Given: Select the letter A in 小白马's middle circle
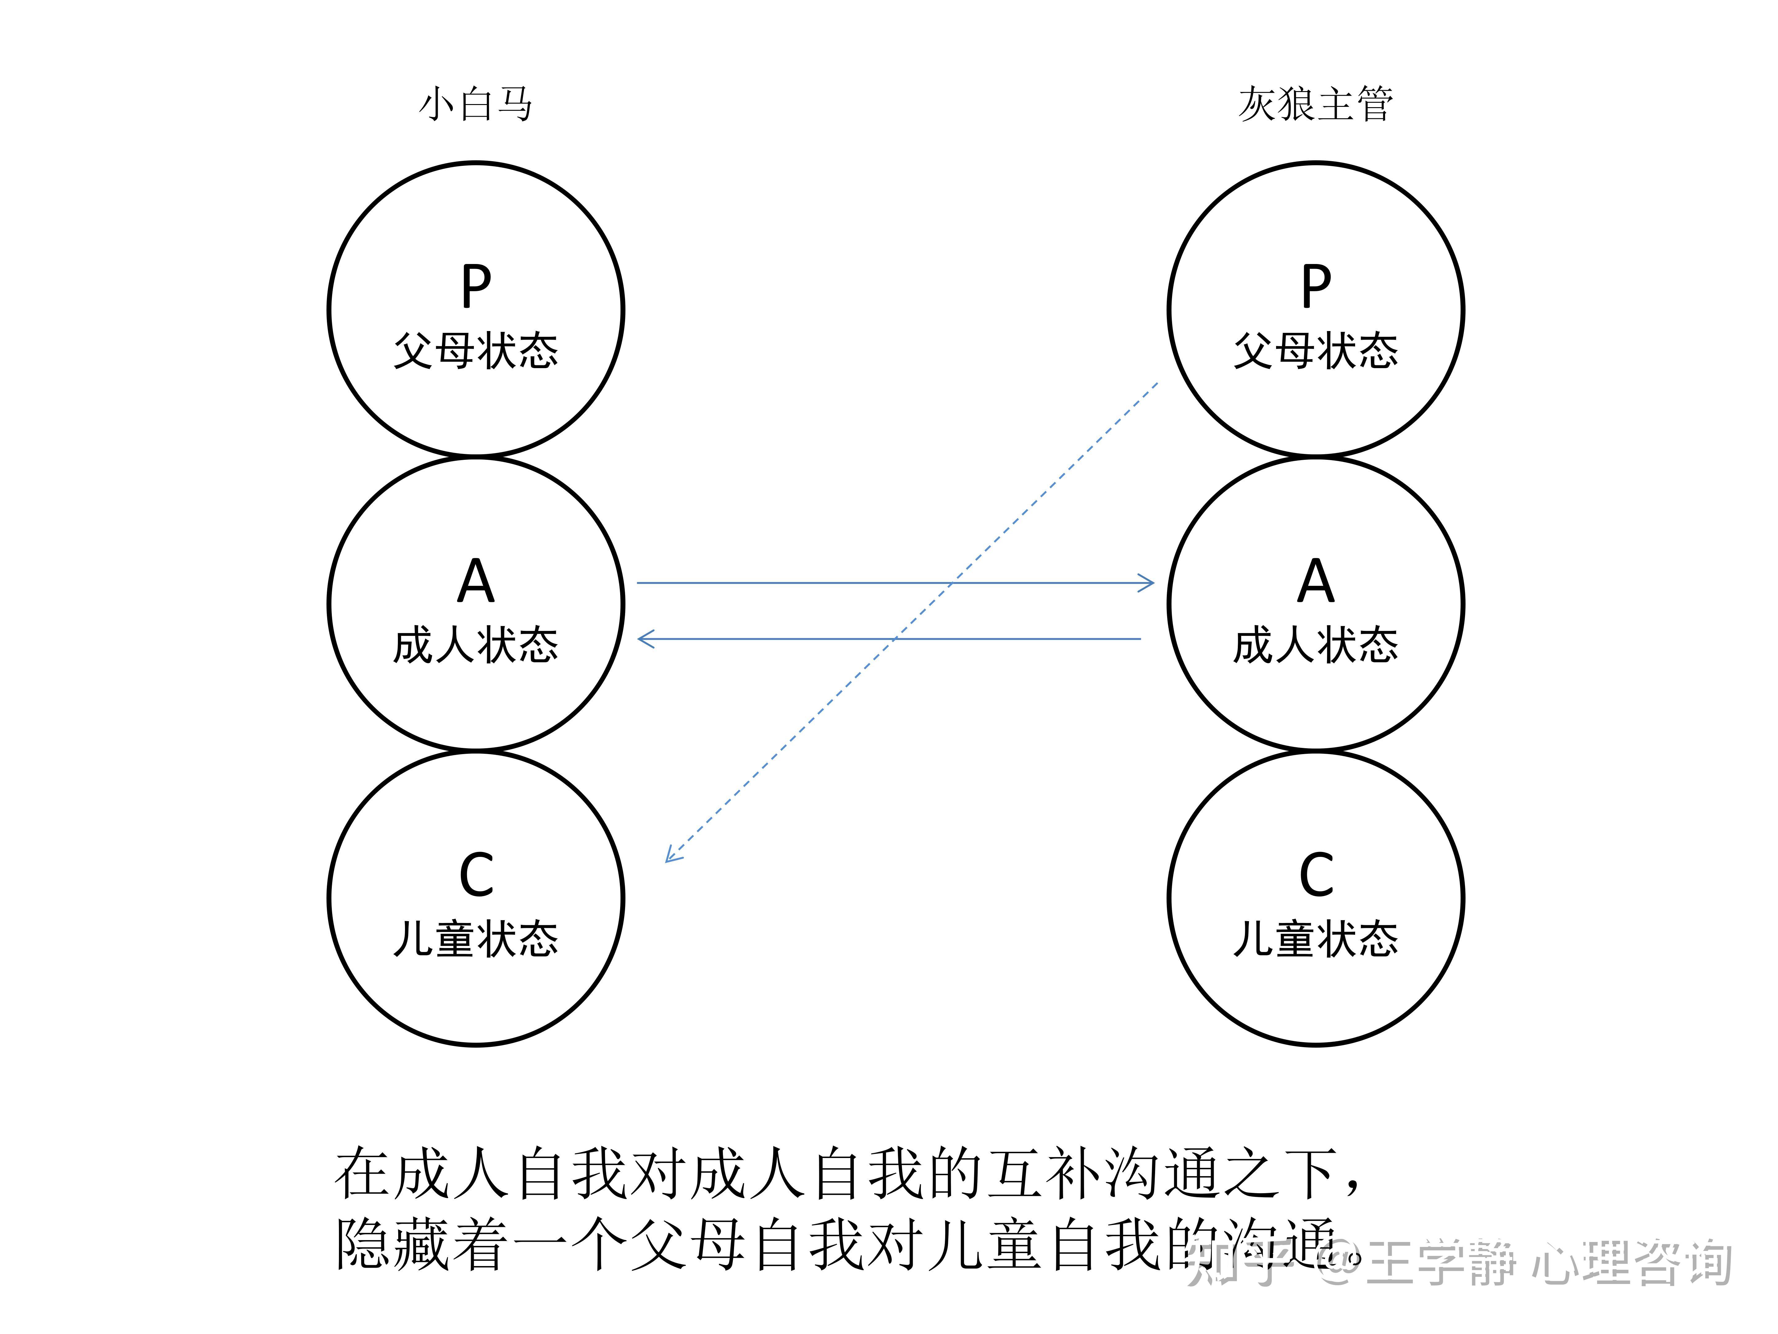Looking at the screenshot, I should click(x=476, y=581).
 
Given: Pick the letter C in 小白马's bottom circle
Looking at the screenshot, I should click(x=476, y=875).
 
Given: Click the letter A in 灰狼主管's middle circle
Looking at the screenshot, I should click(x=1316, y=581).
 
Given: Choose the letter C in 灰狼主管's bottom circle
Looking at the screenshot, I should click(x=1316, y=875).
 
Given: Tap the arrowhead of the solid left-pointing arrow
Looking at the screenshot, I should click(x=645, y=639).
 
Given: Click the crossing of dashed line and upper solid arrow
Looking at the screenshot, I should click(x=953, y=583).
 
